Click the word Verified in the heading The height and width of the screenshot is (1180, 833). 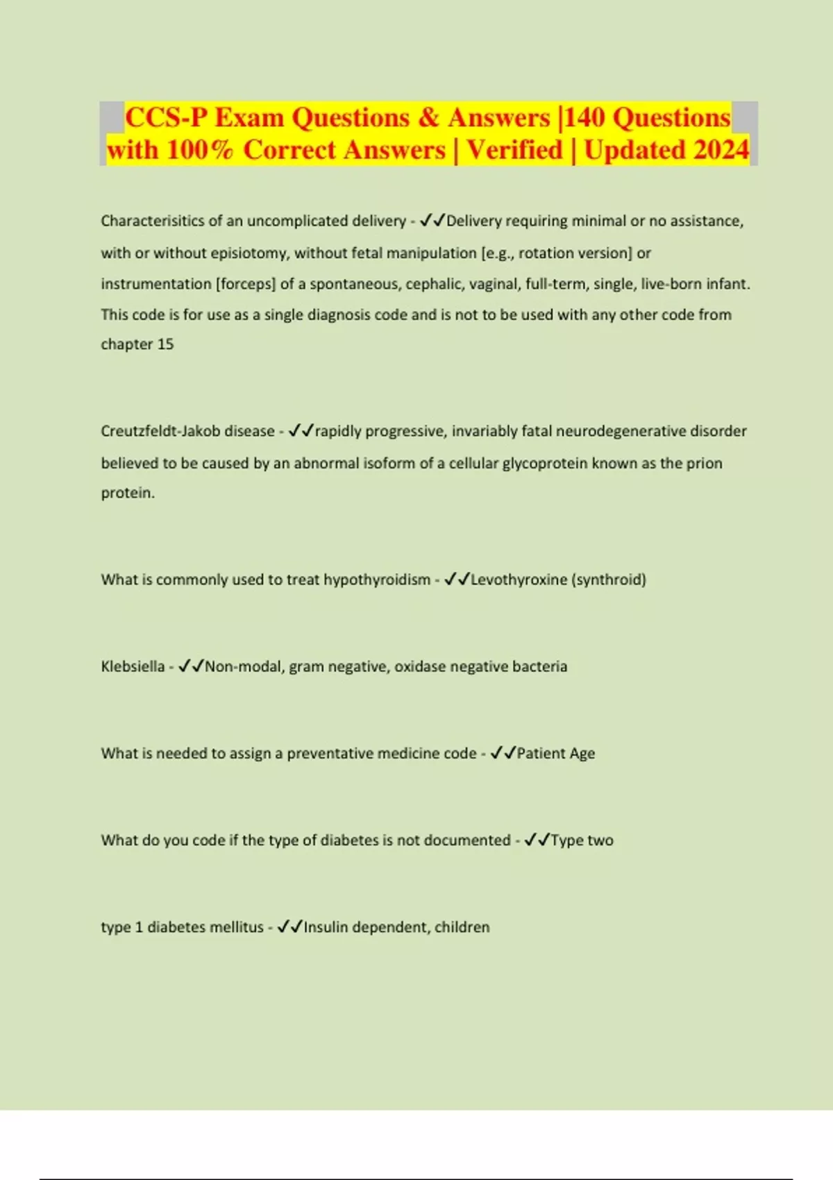(x=514, y=150)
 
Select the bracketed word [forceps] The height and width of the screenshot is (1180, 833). (x=246, y=284)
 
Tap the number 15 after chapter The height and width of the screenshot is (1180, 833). (x=165, y=344)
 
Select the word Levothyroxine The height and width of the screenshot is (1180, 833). (x=519, y=580)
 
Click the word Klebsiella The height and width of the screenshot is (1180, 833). (x=133, y=666)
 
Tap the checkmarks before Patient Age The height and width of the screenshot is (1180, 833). (x=503, y=753)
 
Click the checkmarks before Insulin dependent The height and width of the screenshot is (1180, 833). (x=290, y=927)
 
